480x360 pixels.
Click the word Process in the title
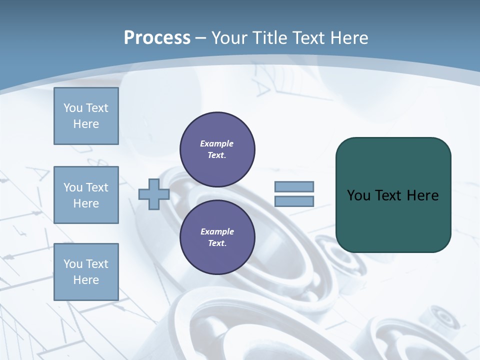[157, 37]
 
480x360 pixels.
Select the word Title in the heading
[270, 37]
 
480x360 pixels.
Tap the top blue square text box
[86, 116]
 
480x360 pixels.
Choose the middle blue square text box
[86, 195]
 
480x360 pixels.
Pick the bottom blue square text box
[86, 272]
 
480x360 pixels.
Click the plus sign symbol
[153, 194]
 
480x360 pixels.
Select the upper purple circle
[217, 149]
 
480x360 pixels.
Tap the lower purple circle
[217, 237]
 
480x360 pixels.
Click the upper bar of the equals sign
[294, 187]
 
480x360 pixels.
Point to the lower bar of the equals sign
[294, 201]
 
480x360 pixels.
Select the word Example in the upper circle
[217, 143]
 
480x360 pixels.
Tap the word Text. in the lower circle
[217, 243]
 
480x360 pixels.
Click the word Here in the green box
[422, 195]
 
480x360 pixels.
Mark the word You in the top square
[73, 108]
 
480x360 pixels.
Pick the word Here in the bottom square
[86, 280]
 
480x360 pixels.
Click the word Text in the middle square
[96, 187]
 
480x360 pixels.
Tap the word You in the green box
[358, 195]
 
